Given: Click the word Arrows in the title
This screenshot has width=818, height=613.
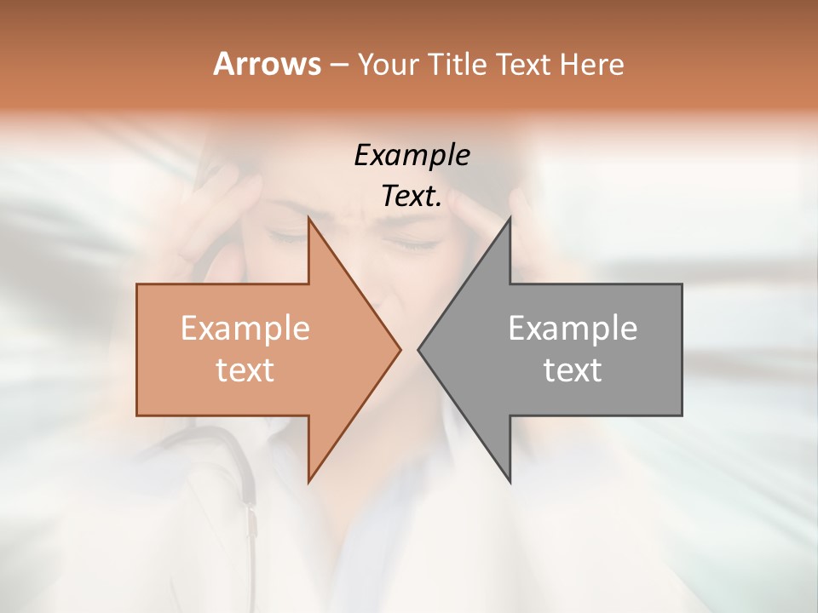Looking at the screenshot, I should (267, 64).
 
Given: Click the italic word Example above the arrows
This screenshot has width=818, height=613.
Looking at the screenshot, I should (412, 156).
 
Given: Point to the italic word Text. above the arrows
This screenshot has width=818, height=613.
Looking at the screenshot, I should (412, 197).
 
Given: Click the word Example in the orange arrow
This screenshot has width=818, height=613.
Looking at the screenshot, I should (245, 328).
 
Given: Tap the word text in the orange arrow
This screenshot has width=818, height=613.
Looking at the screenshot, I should (245, 370).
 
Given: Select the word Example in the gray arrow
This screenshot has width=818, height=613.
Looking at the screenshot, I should (573, 328).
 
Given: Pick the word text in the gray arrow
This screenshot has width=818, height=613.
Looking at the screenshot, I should (573, 370).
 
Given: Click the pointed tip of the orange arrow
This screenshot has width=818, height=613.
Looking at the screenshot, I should (399, 349).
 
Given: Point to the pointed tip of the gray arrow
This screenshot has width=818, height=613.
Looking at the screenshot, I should (419, 349).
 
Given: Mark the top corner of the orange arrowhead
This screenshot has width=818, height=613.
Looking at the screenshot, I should (309, 219).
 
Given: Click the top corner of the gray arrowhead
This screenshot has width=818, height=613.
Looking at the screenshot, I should (510, 219).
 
